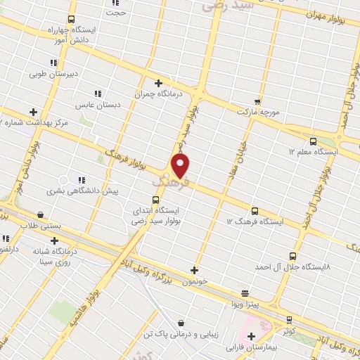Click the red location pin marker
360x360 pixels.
click(x=181, y=166)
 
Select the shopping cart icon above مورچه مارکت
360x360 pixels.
click(x=257, y=101)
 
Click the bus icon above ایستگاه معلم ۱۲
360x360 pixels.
click(x=292, y=150)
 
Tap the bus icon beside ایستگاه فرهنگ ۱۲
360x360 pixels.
click(x=255, y=210)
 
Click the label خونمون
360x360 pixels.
click(x=195, y=281)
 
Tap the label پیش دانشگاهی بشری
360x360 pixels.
click(x=83, y=191)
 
